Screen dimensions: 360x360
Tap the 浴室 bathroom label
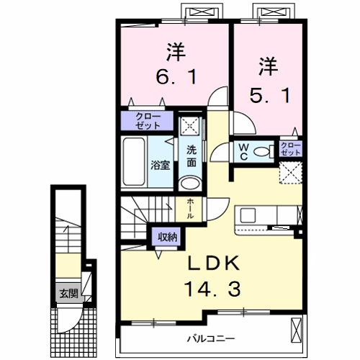pyautogui.click(x=159, y=164)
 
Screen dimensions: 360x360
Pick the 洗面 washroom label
pyautogui.click(x=191, y=156)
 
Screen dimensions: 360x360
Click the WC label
pyautogui.click(x=243, y=151)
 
